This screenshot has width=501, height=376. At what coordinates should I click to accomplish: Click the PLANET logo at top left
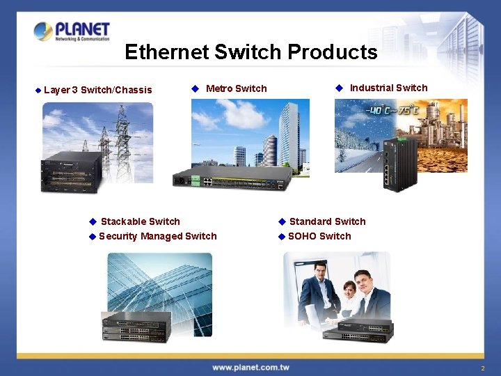[72, 31]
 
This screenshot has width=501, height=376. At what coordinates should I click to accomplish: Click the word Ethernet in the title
[167, 52]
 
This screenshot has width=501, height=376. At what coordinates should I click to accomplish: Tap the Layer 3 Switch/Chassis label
[97, 90]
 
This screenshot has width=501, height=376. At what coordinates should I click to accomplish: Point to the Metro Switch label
[236, 88]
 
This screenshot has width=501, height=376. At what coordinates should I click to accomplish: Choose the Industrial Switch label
[388, 88]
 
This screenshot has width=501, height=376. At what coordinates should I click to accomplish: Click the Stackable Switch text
[140, 221]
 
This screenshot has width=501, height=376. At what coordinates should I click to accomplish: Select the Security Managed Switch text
[157, 236]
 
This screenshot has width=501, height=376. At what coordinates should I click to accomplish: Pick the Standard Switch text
[327, 221]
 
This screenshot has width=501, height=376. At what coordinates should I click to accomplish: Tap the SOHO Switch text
[319, 236]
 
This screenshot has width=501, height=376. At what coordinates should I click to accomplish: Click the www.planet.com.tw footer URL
[250, 367]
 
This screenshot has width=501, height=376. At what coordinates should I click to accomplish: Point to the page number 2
[482, 368]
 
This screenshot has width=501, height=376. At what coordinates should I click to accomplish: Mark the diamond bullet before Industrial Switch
[339, 88]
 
